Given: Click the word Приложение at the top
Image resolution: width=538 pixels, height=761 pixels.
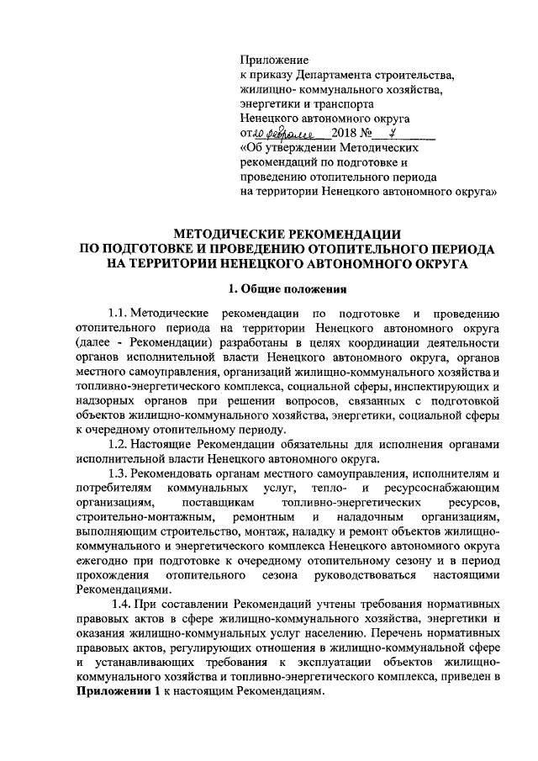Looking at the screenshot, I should click(274, 60).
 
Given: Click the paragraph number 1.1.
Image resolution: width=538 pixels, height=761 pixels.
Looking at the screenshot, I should click(113, 314).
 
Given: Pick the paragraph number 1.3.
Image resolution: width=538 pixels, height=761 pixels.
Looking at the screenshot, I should click(113, 473).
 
